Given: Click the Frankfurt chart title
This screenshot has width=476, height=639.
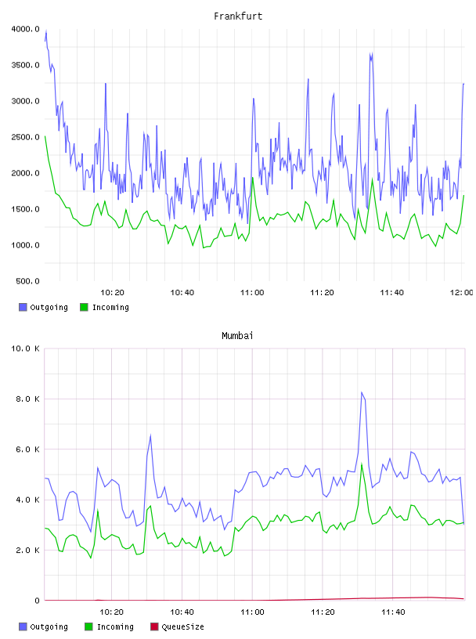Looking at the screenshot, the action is click(238, 16).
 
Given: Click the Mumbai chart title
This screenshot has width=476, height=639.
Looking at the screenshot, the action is click(237, 336).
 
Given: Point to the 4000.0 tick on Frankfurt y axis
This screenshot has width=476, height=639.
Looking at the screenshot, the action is click(25, 29).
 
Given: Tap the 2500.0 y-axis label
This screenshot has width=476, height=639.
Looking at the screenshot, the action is click(25, 137).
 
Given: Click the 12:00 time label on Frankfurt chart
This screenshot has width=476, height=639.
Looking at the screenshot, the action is click(461, 292).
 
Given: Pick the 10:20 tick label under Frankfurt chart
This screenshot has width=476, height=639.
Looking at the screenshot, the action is click(112, 292).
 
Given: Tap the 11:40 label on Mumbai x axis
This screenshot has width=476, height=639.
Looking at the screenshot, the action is click(393, 612).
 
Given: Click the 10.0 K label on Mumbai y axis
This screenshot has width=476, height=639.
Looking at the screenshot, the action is click(25, 348).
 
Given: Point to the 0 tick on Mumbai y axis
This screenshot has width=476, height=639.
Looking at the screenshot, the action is click(37, 601).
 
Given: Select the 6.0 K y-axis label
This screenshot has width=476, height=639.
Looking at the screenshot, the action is click(27, 449).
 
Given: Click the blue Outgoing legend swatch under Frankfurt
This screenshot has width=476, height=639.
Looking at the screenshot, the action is click(23, 307).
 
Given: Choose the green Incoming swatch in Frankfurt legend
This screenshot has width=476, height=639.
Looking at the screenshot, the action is click(84, 307).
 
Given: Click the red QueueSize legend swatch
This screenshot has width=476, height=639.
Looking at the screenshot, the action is click(154, 626).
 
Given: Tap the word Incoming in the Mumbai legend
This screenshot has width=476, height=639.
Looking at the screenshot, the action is click(115, 626).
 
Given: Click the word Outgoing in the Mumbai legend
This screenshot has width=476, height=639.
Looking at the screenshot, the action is click(49, 626).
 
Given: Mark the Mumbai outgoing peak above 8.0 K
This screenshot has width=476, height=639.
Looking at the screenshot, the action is click(362, 392).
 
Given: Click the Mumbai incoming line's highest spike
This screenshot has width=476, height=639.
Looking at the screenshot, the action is click(362, 464).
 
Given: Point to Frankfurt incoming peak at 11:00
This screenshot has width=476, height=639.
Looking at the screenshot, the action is click(253, 178).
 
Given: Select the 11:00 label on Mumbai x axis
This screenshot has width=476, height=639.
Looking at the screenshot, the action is click(252, 612).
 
